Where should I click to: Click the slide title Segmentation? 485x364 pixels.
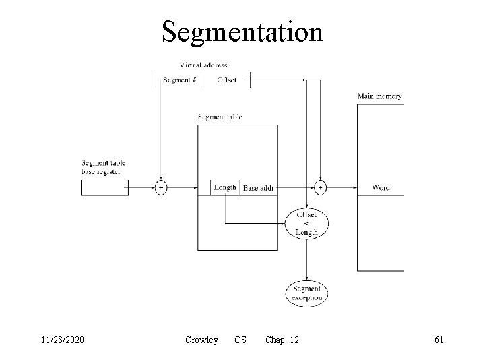[242, 32]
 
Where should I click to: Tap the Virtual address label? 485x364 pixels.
[203, 65]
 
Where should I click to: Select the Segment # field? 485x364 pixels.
[180, 80]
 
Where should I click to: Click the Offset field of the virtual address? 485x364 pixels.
[227, 80]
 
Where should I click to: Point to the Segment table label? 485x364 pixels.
[220, 117]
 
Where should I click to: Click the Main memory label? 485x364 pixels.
[380, 96]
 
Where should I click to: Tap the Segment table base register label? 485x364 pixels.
[103, 167]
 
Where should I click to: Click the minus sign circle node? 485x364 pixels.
[161, 188]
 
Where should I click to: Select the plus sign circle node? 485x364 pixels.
[320, 188]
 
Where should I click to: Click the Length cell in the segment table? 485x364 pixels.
[225, 187]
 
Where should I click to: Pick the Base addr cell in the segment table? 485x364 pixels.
[259, 188]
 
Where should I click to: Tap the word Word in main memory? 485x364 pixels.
[381, 188]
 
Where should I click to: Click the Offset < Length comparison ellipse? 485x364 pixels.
[306, 223]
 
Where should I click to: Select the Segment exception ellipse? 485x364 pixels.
[306, 293]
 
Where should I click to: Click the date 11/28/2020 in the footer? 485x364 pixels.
[61, 340]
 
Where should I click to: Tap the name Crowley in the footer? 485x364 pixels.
[201, 340]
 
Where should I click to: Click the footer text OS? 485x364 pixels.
[240, 340]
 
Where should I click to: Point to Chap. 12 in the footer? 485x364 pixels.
[282, 340]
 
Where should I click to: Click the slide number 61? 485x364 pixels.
[439, 340]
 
